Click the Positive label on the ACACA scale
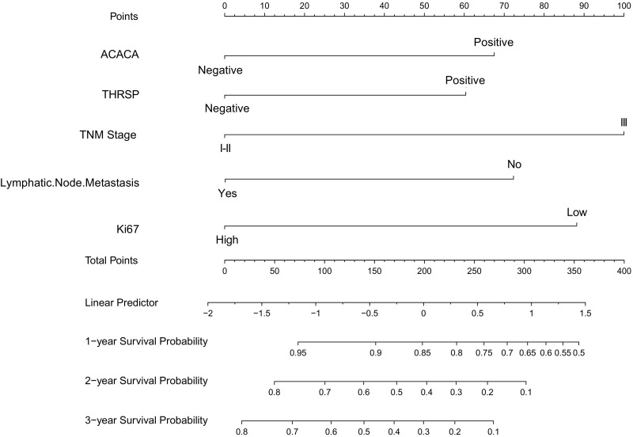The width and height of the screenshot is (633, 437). [x=494, y=41]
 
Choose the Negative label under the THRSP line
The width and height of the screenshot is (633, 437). [x=227, y=108]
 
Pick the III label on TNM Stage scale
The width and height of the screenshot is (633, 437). [x=624, y=122]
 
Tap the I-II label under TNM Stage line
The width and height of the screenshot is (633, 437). [x=225, y=147]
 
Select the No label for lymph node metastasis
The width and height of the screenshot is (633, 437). [x=514, y=165]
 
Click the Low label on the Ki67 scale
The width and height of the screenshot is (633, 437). [x=576, y=212]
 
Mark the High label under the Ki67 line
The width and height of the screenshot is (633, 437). [x=227, y=239]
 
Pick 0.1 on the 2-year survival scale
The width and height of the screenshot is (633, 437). [x=525, y=392]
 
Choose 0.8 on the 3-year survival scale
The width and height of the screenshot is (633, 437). [x=241, y=431]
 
